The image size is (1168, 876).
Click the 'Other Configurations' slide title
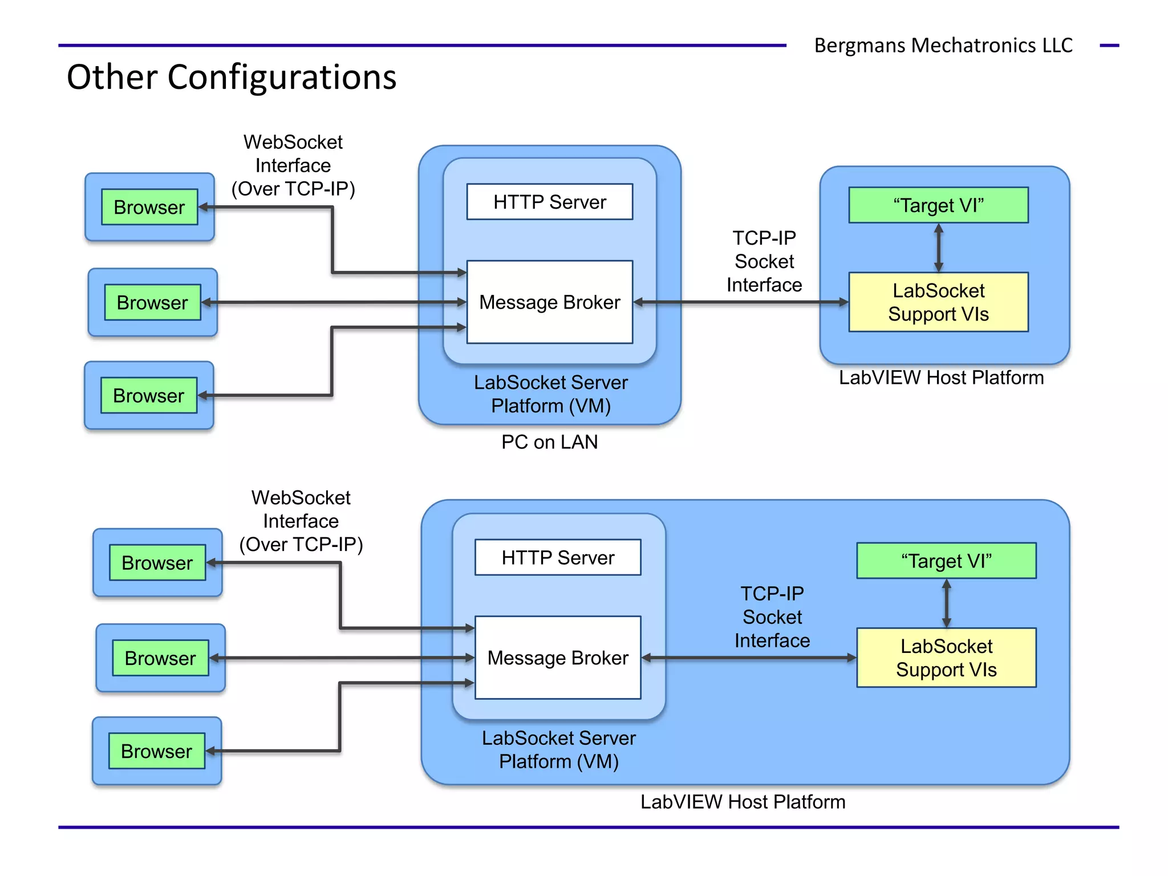pyautogui.click(x=232, y=77)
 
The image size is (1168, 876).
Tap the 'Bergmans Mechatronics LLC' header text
pyautogui.click(x=943, y=45)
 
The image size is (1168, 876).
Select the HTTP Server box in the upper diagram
pyautogui.click(x=549, y=202)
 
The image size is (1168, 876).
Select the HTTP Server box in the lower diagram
pyautogui.click(x=557, y=557)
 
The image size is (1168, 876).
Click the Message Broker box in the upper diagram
pyautogui.click(x=549, y=302)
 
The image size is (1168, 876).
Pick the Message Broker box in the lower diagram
pyautogui.click(x=557, y=658)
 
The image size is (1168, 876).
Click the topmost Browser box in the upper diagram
pyautogui.click(x=149, y=207)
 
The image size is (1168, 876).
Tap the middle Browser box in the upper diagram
pyautogui.click(x=152, y=302)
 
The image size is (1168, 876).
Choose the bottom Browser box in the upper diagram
pyautogui.click(x=149, y=395)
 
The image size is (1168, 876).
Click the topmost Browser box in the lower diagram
pyautogui.click(x=157, y=563)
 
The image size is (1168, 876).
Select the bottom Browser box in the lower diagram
pyautogui.click(x=157, y=751)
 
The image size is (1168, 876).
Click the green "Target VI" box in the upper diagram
pyautogui.click(x=938, y=205)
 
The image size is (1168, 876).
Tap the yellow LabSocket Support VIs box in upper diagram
pyautogui.click(x=938, y=302)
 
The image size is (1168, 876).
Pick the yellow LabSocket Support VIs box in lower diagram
pyautogui.click(x=946, y=658)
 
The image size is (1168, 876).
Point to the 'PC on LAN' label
pyautogui.click(x=549, y=442)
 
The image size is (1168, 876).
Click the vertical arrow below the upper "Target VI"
pyautogui.click(x=939, y=248)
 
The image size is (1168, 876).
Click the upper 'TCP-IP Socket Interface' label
pyautogui.click(x=764, y=261)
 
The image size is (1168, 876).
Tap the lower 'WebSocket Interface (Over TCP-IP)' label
pyautogui.click(x=301, y=521)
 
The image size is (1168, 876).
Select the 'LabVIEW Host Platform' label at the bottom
pyautogui.click(x=743, y=802)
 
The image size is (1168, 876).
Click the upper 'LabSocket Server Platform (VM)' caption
pyautogui.click(x=550, y=394)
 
